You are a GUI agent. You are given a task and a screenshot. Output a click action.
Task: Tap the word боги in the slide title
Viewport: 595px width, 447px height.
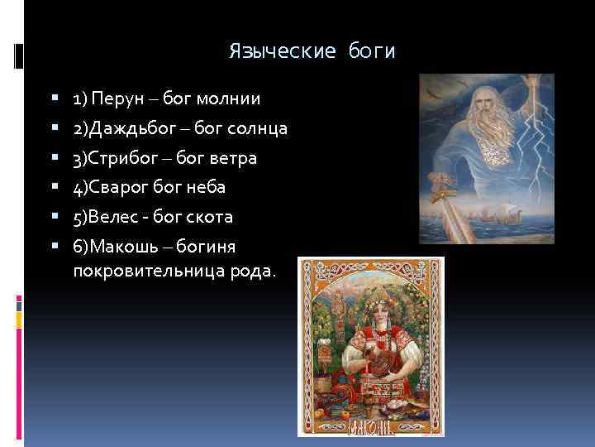tap(373, 52)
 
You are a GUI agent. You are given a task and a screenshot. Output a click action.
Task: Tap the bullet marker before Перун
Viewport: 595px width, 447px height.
tap(55, 99)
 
